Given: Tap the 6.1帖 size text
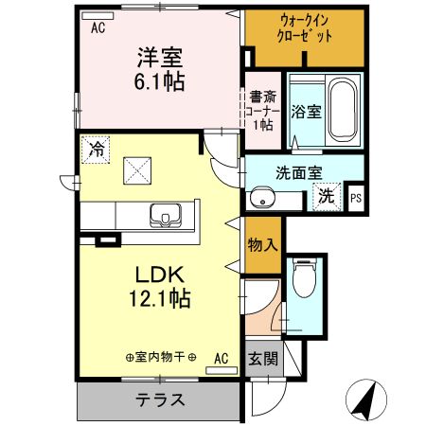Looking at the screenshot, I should (158, 81).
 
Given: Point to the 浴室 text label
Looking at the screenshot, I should (306, 111).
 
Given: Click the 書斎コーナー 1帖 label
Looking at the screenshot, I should (262, 110).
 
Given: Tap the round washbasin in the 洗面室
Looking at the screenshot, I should (261, 198).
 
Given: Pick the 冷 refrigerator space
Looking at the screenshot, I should (96, 148).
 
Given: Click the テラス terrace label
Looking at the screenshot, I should (158, 399).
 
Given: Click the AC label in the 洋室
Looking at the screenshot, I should (98, 28).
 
